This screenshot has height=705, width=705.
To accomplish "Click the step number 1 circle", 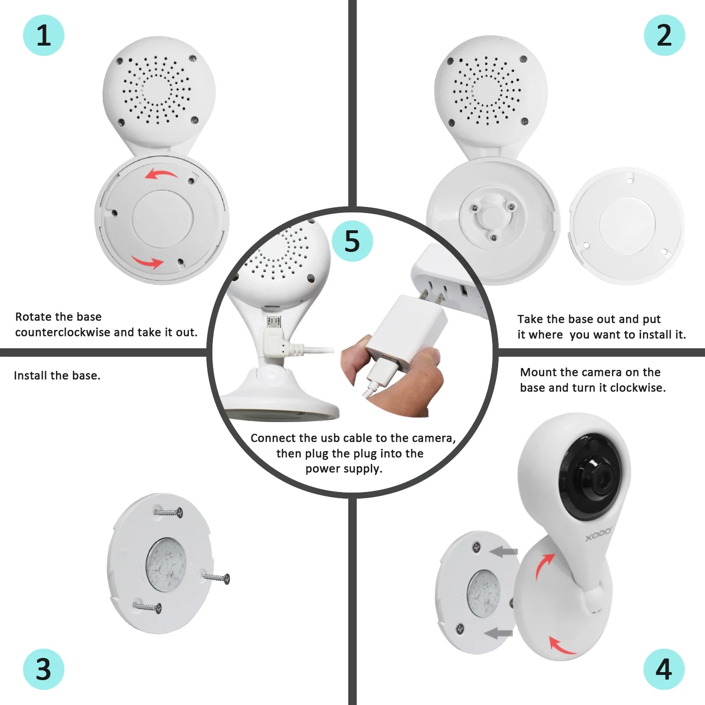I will coord(43,35).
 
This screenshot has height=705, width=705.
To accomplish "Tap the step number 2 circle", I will coord(664,35).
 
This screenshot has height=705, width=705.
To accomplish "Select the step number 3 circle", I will coord(43,669).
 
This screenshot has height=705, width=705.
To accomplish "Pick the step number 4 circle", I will coord(664,669).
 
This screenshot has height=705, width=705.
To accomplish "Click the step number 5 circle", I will coord(352,241).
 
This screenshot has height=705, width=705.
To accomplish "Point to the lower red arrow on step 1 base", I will coord(148,262).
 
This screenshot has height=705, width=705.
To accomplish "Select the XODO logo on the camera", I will coord(598,535).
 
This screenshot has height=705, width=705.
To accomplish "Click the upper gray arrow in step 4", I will coord(504,551).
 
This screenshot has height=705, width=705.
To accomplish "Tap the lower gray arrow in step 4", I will coord(499,634).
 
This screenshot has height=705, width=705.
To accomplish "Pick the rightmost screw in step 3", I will coord(217,577).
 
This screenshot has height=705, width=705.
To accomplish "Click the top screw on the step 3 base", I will coord(168,512).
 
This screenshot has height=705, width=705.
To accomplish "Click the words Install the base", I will coord(57,376).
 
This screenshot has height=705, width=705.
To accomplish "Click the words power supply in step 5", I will coord(344,469).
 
